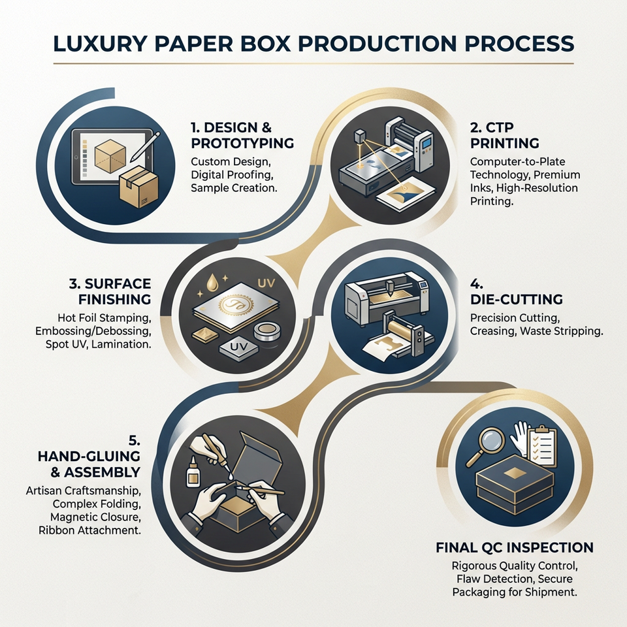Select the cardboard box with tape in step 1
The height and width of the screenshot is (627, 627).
(138, 187)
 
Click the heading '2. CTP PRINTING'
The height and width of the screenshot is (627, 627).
(505, 135)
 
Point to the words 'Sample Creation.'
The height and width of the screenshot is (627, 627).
(234, 188)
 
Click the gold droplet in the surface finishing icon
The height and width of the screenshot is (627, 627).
(211, 281)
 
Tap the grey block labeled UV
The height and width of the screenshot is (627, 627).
(239, 347)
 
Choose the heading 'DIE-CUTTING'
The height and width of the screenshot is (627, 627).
(516, 300)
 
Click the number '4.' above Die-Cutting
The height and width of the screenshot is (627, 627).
(477, 284)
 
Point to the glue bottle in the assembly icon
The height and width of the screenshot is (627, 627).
(193, 472)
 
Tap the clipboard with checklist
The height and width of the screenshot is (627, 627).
(541, 446)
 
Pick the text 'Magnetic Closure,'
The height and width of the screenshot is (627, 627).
(95, 517)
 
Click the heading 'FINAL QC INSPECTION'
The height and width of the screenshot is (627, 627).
(515, 547)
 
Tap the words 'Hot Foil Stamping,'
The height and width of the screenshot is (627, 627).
(104, 318)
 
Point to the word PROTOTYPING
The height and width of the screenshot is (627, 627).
(242, 143)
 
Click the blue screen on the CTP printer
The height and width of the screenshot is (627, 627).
(427, 144)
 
